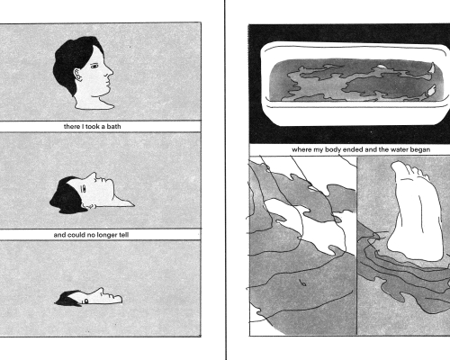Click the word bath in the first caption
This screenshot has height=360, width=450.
tap(113, 127)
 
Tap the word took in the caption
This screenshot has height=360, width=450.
tap(93, 127)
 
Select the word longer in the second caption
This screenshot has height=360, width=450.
tap(106, 235)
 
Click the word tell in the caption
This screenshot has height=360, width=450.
tap(124, 235)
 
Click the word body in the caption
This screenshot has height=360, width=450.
tap(333, 149)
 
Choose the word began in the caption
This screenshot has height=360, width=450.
tap(420, 149)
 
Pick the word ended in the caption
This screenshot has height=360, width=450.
tap(353, 149)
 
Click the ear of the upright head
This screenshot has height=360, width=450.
tap(77, 75)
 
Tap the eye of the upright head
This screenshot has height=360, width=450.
tap(94, 66)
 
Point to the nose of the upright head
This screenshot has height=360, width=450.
tap(109, 71)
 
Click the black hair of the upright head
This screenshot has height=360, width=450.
tap(71, 61)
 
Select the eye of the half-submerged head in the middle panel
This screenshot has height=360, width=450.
tap(84, 189)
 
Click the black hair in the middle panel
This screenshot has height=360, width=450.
tap(66, 196)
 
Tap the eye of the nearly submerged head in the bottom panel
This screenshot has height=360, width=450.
tap(86, 301)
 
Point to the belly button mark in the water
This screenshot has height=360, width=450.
tap(302, 283)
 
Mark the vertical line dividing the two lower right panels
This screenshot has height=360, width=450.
tap(356, 246)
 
